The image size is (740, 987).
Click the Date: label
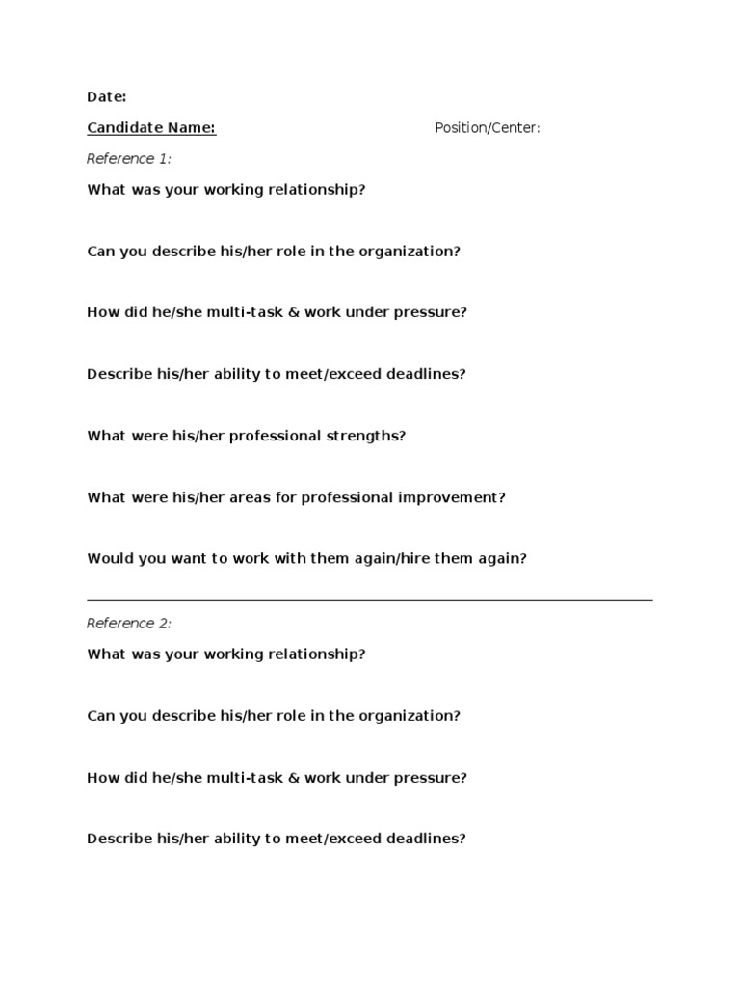coord(106,96)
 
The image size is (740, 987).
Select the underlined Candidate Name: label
coord(151,128)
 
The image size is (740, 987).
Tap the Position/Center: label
coord(487,128)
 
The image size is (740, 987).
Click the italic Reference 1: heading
coord(129,159)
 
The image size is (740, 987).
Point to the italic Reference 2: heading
coord(129,624)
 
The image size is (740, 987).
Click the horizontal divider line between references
coord(370,600)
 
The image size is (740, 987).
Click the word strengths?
coord(367,436)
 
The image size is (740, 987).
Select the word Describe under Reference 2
coord(119,839)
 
